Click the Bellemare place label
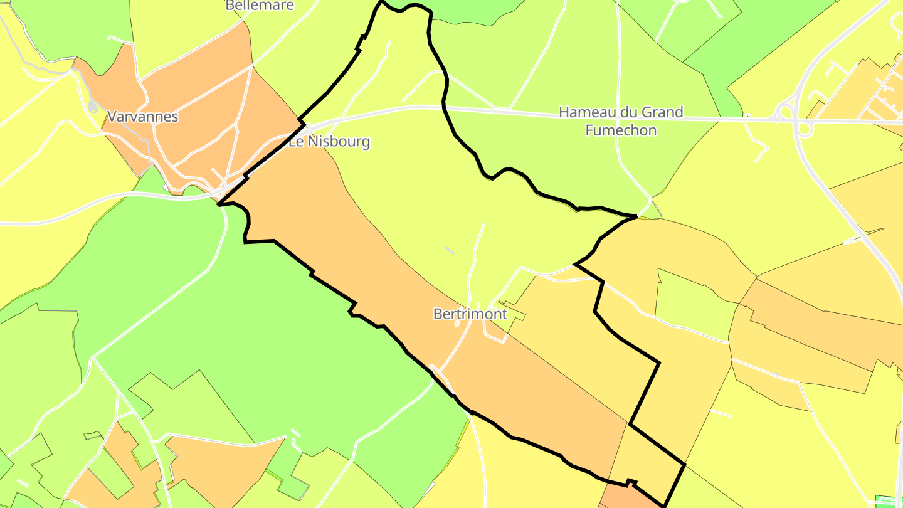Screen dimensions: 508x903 click(260, 6)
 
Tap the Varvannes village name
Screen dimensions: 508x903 click(143, 117)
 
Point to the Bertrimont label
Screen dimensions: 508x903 click(470, 314)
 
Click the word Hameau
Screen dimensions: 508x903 click(588, 113)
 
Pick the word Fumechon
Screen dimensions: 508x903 click(621, 130)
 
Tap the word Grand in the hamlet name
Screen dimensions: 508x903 click(660, 113)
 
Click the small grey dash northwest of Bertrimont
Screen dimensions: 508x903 click(450, 250)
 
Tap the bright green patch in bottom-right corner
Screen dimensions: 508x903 click(888, 501)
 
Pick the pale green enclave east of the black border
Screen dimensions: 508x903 click(690, 301)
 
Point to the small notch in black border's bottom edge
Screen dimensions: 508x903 click(632, 482)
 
